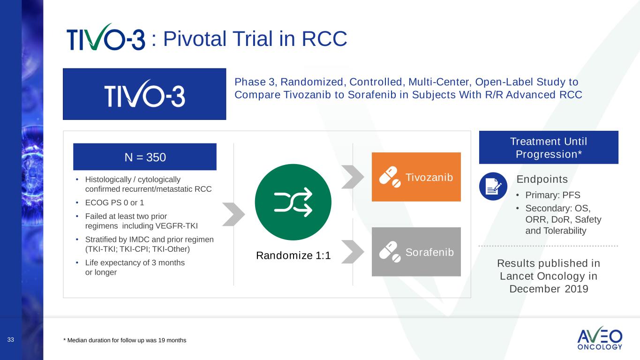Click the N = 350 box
[x=145, y=157]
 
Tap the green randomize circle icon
[x=293, y=202]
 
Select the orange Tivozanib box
[x=416, y=177]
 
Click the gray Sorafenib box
[x=416, y=252]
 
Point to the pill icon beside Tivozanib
[x=390, y=177]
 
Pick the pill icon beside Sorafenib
[x=390, y=252]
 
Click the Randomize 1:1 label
[x=293, y=255]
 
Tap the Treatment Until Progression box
[x=549, y=148]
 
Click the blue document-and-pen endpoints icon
[x=493, y=186]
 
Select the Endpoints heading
[x=542, y=179]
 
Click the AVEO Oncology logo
[x=600, y=338]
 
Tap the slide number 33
[x=11, y=340]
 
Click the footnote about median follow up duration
[x=125, y=340]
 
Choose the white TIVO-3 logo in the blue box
[x=144, y=94]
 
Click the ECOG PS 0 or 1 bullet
[x=114, y=203]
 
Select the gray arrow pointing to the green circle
[x=233, y=214]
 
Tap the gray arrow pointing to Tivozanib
[x=353, y=177]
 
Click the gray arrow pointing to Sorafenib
[x=353, y=252]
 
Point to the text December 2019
[x=549, y=289]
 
